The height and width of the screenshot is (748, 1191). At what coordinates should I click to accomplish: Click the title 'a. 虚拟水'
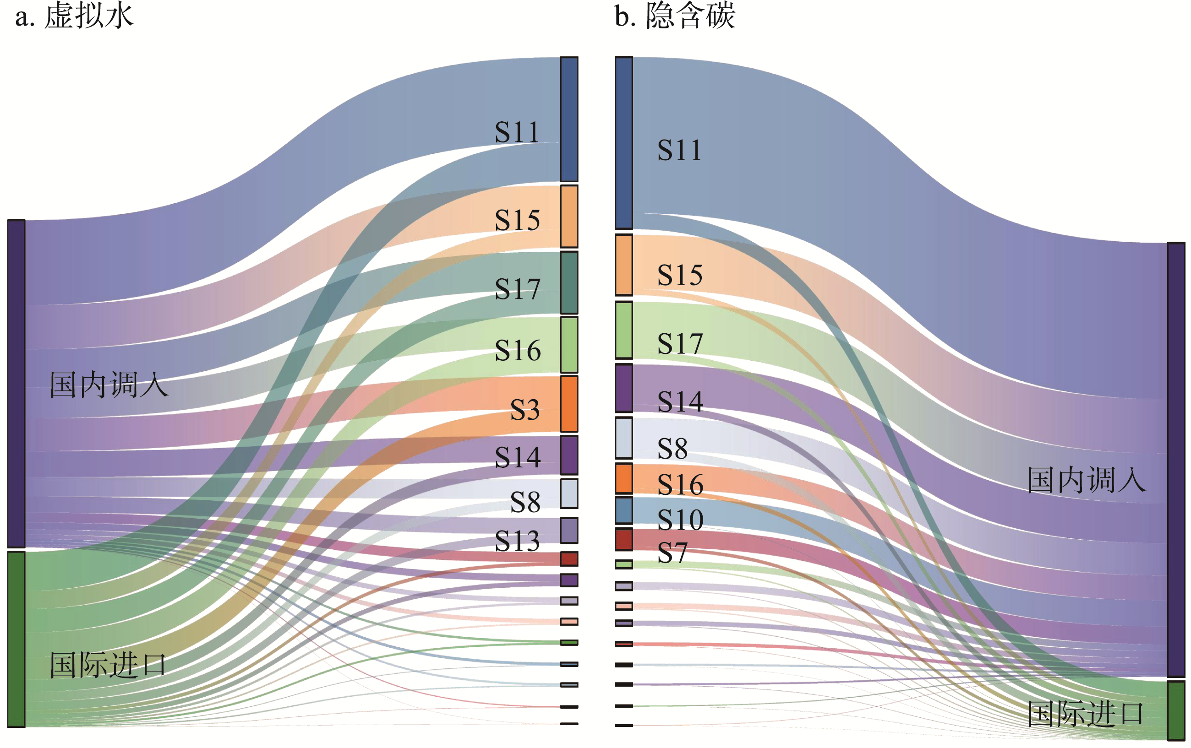[x=74, y=16]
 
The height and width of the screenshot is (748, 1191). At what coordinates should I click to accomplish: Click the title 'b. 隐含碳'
[x=675, y=16]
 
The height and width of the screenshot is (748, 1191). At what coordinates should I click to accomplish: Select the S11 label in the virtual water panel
[x=517, y=132]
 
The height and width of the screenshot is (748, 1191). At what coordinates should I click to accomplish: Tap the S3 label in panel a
[x=524, y=410]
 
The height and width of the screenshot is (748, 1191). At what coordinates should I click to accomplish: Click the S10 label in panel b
[x=680, y=520]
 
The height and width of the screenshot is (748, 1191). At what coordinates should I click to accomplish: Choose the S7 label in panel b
[x=672, y=553]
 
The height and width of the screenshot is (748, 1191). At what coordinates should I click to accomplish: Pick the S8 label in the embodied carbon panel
[x=672, y=449]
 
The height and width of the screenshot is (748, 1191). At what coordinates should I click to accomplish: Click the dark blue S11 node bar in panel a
[x=569, y=119]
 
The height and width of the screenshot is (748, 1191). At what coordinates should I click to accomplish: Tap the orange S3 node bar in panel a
[x=569, y=404]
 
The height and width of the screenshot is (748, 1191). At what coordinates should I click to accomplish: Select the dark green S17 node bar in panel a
[x=569, y=283]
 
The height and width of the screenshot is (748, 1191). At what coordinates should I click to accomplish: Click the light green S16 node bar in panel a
[x=569, y=345]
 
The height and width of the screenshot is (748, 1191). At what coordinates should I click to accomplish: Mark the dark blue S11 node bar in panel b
[x=624, y=143]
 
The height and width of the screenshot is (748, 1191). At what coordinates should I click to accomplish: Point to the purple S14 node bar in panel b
[x=624, y=388]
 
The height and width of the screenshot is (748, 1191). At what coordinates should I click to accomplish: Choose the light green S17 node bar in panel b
[x=624, y=330]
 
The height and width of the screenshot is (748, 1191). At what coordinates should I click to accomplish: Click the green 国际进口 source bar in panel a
[x=16, y=639]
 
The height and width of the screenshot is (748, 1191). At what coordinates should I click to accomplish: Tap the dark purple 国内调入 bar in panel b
[x=1176, y=459]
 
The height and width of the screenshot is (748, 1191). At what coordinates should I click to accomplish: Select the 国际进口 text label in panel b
[x=1086, y=714]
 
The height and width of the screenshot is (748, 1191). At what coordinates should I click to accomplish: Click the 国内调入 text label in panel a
[x=109, y=385]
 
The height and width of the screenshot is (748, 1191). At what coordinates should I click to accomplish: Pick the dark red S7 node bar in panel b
[x=624, y=539]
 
